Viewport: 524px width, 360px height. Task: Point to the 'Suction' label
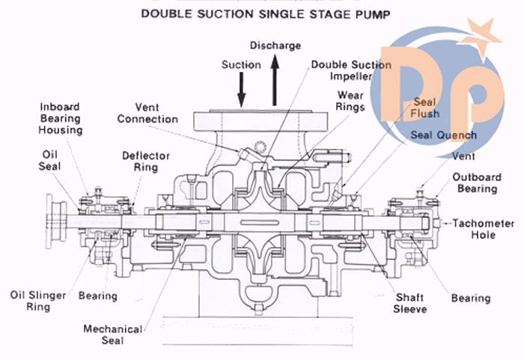pos(241,65)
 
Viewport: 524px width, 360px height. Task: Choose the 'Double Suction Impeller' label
pos(350,71)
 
